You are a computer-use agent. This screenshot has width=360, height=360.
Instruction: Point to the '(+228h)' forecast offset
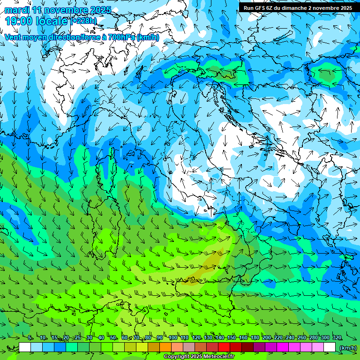[84, 21]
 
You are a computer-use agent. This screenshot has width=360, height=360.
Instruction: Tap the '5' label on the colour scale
[30, 338]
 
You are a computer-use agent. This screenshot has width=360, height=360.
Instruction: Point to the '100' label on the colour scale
[173, 338]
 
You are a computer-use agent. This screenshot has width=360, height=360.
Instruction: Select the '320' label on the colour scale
[337, 338]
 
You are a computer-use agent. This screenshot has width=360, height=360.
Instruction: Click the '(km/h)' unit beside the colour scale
[348, 348]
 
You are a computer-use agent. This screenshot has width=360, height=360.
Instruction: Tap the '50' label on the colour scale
[113, 338]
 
